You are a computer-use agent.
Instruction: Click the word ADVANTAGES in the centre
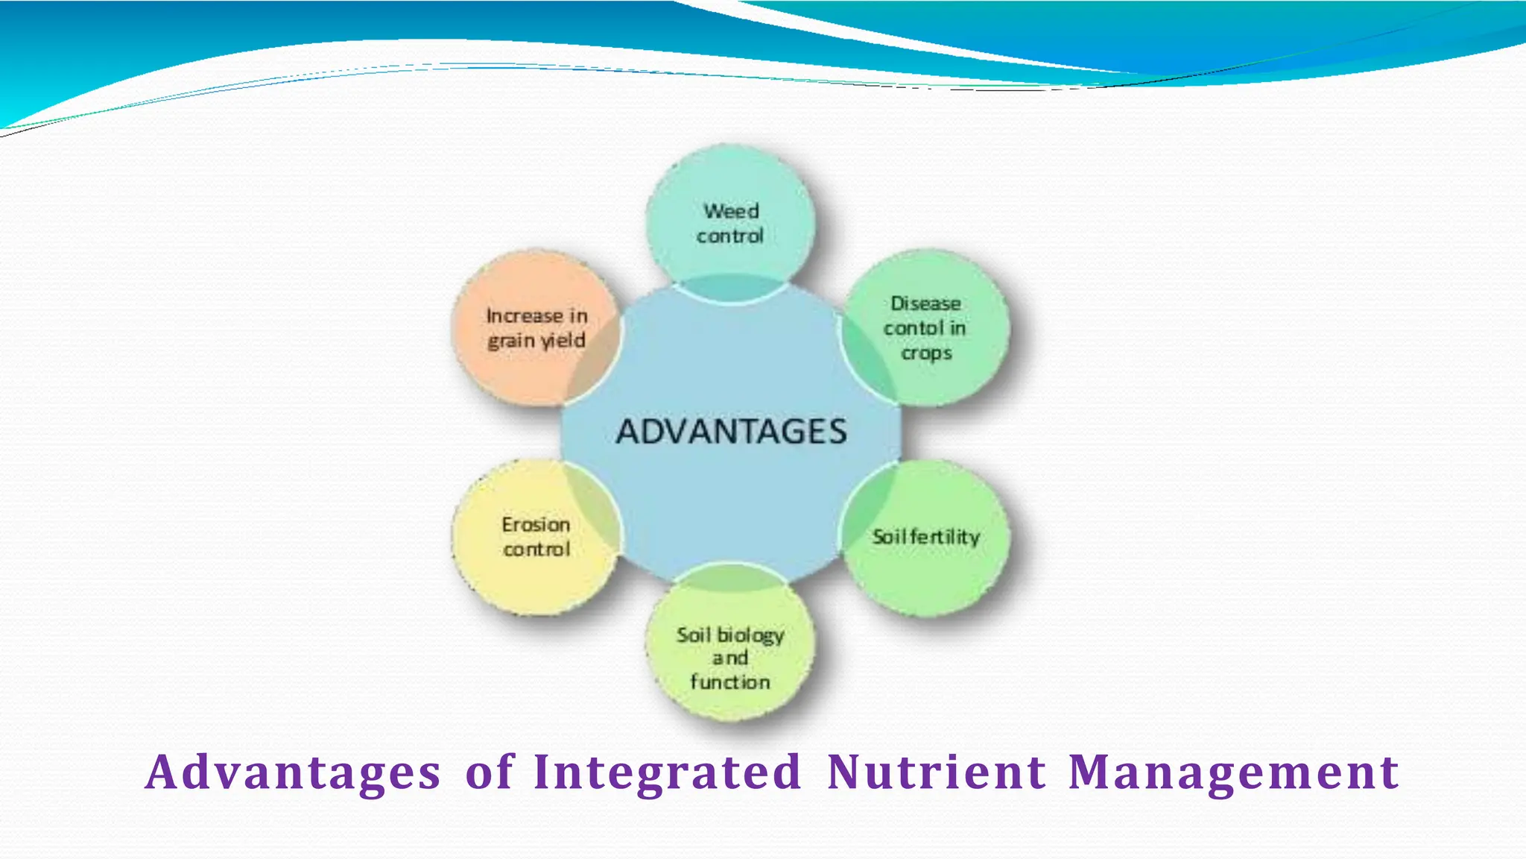[731, 432]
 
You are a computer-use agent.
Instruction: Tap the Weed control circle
[730, 224]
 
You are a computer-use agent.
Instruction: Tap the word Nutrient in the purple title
[937, 772]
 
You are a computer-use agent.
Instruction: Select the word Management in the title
[1233, 772]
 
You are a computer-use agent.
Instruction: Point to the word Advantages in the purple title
[293, 772]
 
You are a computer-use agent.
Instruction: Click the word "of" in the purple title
[490, 772]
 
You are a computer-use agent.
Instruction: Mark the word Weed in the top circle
[731, 212]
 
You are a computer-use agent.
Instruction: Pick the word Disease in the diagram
[925, 303]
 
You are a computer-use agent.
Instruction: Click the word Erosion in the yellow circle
[536, 525]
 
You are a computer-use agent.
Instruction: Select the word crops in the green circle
[926, 353]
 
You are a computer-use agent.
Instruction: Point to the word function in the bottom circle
[730, 682]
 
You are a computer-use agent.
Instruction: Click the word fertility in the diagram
[944, 538]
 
